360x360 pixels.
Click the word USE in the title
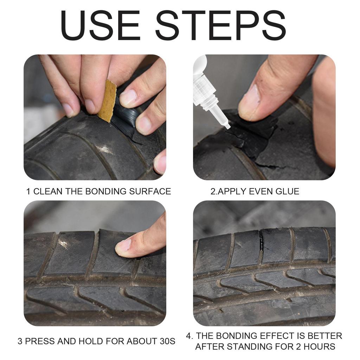pos(102,25)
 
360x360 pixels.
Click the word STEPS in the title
pos(220,25)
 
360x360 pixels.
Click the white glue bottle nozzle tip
pos(227,124)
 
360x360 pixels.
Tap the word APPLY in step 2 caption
pos(232,192)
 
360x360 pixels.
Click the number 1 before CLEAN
pos(28,192)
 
